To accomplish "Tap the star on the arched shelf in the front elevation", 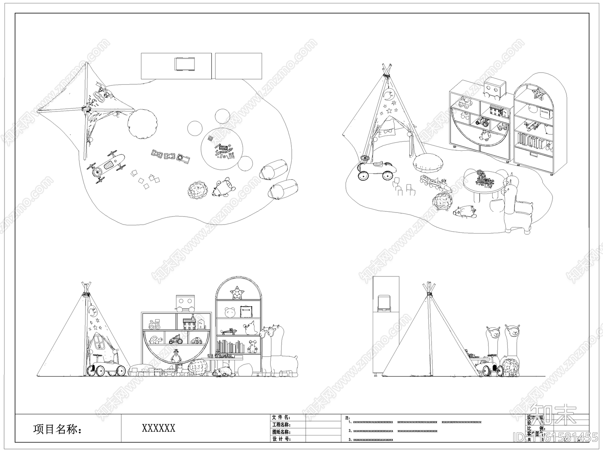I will [x=237, y=292].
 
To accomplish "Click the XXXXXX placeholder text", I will [x=158, y=428].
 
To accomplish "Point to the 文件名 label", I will [x=281, y=417].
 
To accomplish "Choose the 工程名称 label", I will [x=281, y=425].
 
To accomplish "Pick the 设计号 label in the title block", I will [x=281, y=439].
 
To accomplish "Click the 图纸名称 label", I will [x=281, y=432].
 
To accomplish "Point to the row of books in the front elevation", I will [x=230, y=347].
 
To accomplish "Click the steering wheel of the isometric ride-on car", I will [x=364, y=158].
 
